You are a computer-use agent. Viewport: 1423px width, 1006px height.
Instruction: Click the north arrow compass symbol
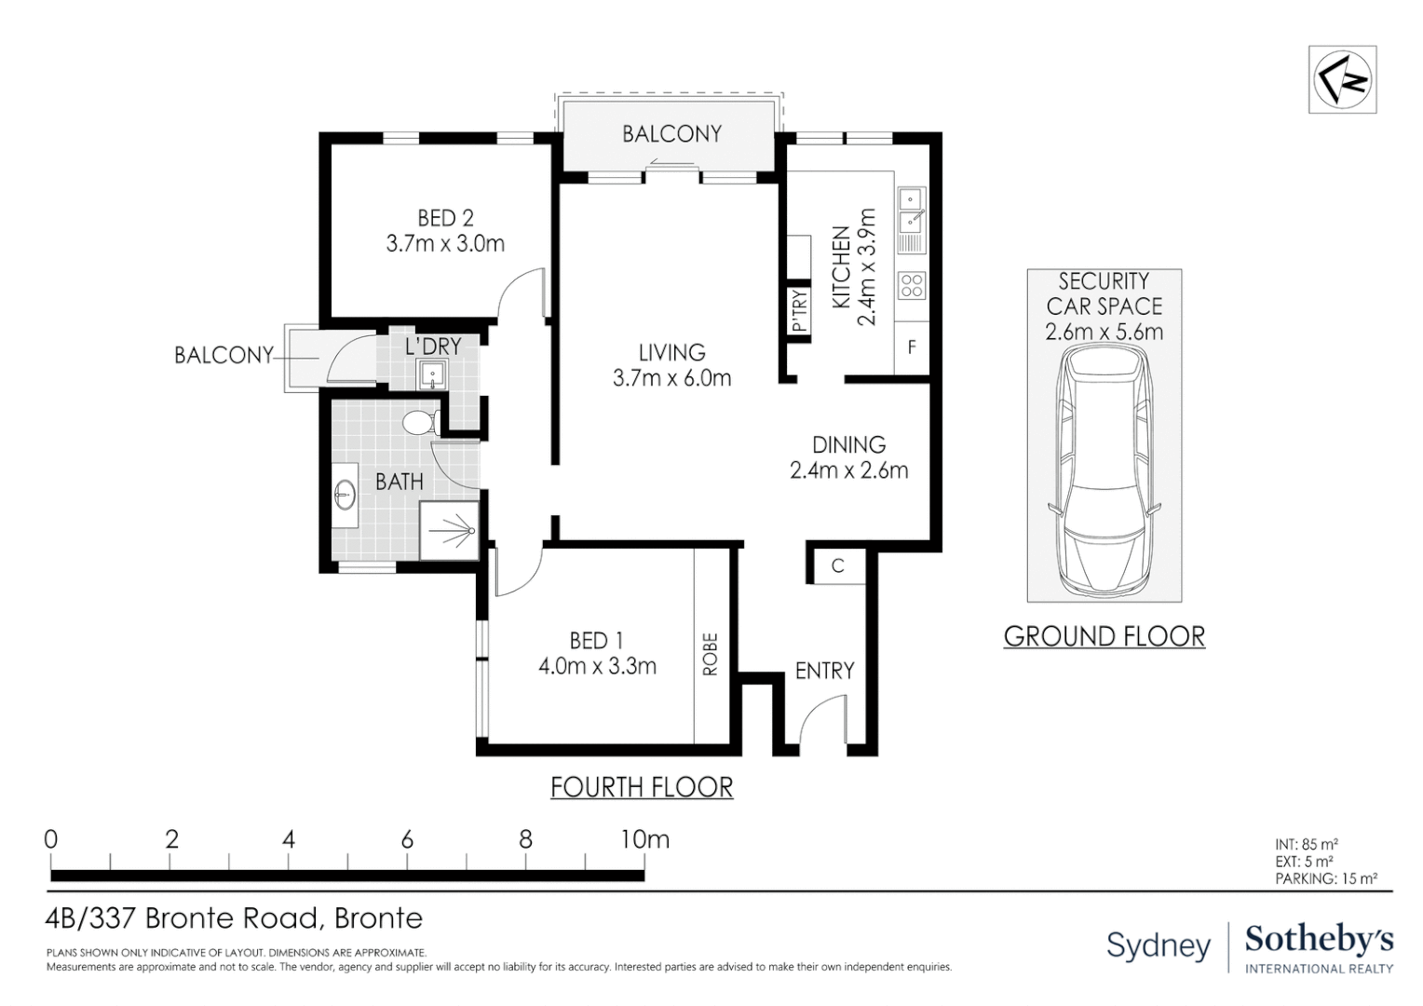point(1342,80)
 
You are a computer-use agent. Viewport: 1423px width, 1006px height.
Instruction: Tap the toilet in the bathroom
point(422,423)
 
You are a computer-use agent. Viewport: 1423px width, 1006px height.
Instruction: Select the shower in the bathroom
point(450,531)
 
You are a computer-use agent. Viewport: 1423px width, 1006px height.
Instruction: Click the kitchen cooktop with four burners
point(911,285)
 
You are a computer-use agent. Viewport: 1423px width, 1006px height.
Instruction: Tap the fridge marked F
point(912,347)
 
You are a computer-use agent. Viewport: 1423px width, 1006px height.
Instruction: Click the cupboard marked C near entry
point(837,565)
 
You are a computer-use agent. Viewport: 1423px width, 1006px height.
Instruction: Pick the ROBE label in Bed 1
point(711,654)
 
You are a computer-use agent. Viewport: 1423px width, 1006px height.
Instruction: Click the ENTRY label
point(824,671)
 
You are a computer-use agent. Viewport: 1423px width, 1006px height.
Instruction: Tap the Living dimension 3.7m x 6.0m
point(671,378)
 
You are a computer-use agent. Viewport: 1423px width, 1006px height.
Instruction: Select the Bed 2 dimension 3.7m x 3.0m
point(445,244)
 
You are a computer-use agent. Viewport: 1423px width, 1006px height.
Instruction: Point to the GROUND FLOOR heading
point(1104,636)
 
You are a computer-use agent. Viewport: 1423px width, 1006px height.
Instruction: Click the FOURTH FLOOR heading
point(642,787)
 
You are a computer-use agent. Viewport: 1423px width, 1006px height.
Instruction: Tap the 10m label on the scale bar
point(644,839)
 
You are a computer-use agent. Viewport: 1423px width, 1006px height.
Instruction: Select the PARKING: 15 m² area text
point(1325,878)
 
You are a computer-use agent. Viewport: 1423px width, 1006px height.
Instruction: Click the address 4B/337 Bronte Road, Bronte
point(234,918)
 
